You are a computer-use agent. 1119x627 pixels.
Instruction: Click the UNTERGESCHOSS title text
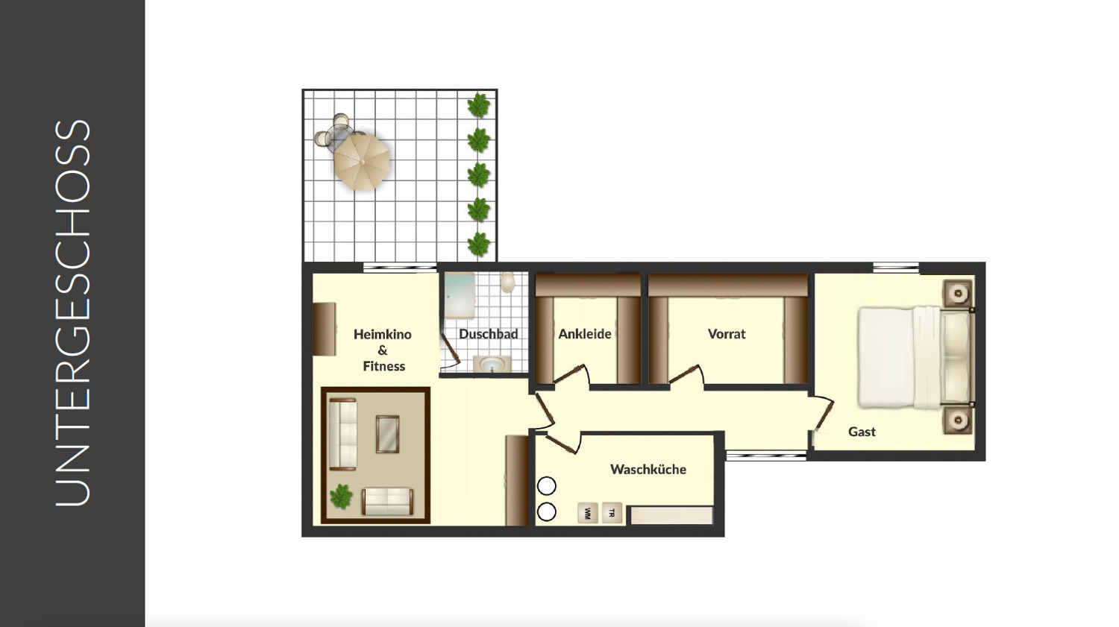tap(72, 313)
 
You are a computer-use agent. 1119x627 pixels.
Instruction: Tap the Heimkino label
tap(383, 335)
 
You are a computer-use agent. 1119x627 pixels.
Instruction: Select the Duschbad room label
tap(488, 334)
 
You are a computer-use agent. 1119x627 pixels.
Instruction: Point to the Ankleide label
tap(584, 334)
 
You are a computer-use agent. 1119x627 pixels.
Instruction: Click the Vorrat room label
tap(727, 334)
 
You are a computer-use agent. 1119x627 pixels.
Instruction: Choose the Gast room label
tap(862, 432)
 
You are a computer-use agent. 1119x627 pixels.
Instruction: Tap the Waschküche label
tap(648, 469)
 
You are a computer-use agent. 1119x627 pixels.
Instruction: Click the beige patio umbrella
tap(361, 161)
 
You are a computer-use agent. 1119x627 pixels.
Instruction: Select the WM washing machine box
tap(588, 513)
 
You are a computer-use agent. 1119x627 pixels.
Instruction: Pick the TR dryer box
tap(612, 513)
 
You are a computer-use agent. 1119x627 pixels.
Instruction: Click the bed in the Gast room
tap(916, 356)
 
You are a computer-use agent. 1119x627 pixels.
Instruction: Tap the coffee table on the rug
tap(387, 434)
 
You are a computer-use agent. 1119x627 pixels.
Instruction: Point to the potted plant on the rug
tap(341, 497)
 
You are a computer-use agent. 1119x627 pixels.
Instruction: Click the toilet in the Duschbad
tap(507, 283)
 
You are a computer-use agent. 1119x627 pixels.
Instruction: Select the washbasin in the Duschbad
tap(492, 365)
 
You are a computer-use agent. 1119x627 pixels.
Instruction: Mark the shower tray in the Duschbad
tap(459, 295)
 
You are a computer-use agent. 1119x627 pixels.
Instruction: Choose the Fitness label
tap(383, 366)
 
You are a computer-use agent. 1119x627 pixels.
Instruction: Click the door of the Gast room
tap(824, 413)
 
